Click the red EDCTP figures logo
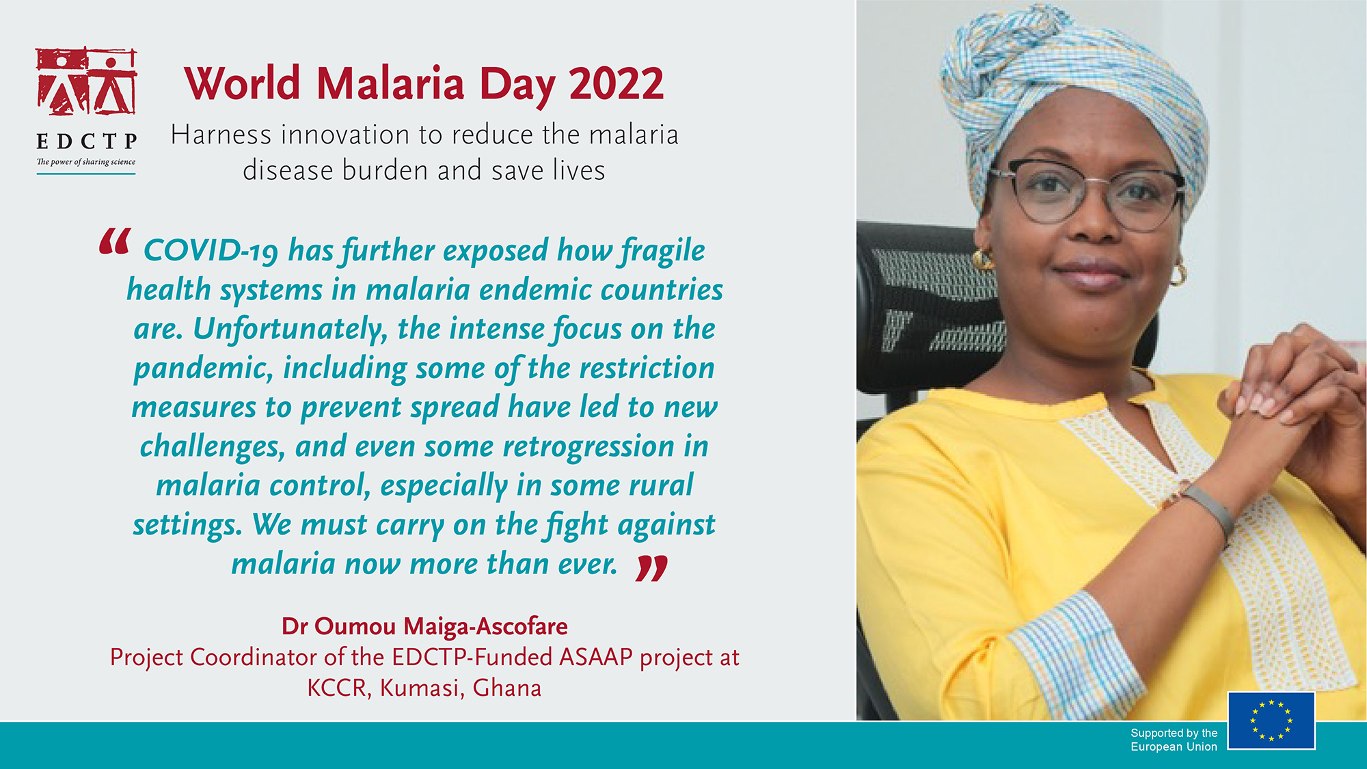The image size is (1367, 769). [87, 81]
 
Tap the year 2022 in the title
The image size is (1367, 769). [616, 84]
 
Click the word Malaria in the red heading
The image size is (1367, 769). [390, 84]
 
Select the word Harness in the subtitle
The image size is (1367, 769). [221, 135]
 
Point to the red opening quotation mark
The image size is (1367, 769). [114, 241]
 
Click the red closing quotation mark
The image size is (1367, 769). [651, 567]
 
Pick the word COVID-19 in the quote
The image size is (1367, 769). [211, 251]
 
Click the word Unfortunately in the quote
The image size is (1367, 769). [290, 329]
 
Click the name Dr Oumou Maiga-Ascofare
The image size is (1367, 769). [424, 626]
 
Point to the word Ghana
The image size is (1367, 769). [506, 688]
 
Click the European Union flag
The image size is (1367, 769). [1271, 720]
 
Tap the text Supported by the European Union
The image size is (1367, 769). [1174, 740]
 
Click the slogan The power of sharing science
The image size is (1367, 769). [86, 162]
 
